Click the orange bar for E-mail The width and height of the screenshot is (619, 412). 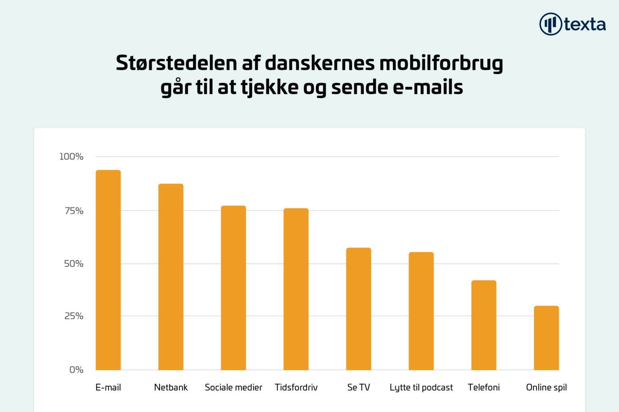point(108,270)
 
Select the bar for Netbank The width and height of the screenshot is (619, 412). point(171,277)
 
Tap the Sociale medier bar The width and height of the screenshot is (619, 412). point(233,288)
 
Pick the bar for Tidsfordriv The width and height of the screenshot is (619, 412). point(296,289)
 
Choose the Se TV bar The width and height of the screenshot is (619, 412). point(359,308)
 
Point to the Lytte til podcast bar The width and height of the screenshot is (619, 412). point(421,311)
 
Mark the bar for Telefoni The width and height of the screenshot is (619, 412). point(484,325)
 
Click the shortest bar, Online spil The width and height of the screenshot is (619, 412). point(546,337)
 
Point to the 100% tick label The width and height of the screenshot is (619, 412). point(71,157)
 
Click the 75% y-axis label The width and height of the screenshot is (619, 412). point(74,211)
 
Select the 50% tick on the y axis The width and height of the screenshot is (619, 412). point(74,264)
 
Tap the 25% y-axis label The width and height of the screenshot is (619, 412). point(74,316)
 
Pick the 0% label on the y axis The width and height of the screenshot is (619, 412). point(76,370)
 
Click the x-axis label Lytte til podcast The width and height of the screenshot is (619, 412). point(421,387)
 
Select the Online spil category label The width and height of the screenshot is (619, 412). point(546,387)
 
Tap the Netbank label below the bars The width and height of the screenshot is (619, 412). point(171,387)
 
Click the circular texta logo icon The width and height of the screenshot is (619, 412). point(550,24)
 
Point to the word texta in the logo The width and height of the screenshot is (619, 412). point(585,25)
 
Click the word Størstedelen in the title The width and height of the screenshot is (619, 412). point(176,63)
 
